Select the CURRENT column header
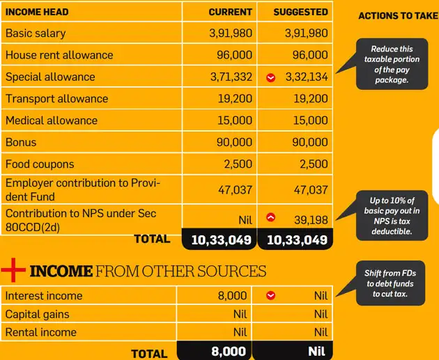[230, 12]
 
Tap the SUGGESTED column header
[300, 12]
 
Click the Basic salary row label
[36, 33]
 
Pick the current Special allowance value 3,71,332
[231, 77]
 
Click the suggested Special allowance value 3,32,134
[307, 77]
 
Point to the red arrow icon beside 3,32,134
[271, 77]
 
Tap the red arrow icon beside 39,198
[271, 218]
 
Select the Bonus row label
[21, 142]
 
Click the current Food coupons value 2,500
[238, 164]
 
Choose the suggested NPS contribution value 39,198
[311, 220]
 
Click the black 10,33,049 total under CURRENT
[219, 240]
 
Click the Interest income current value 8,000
[233, 296]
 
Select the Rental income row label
[40, 332]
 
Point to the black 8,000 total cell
[214, 352]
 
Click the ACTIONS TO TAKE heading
[398, 16]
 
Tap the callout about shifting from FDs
[390, 283]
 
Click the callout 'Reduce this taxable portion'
[392, 64]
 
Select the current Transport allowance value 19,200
[235, 99]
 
